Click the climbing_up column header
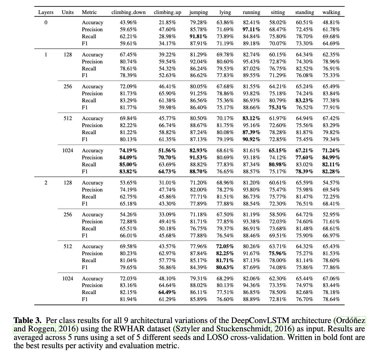[167, 12]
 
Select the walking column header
[331, 12]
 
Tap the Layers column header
[46, 12]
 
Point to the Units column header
[68, 12]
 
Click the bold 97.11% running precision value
[251, 30]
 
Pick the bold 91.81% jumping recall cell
[198, 37]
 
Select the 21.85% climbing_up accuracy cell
[167, 23]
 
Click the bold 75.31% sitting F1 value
[277, 107]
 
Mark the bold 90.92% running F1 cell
[251, 139]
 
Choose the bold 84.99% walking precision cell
[331, 157]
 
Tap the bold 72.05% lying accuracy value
[225, 246]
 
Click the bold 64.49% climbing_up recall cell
[167, 292]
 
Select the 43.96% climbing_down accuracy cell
[128, 23]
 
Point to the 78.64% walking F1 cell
[331, 299]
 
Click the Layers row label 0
[46, 23]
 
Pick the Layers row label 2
[46, 183]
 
